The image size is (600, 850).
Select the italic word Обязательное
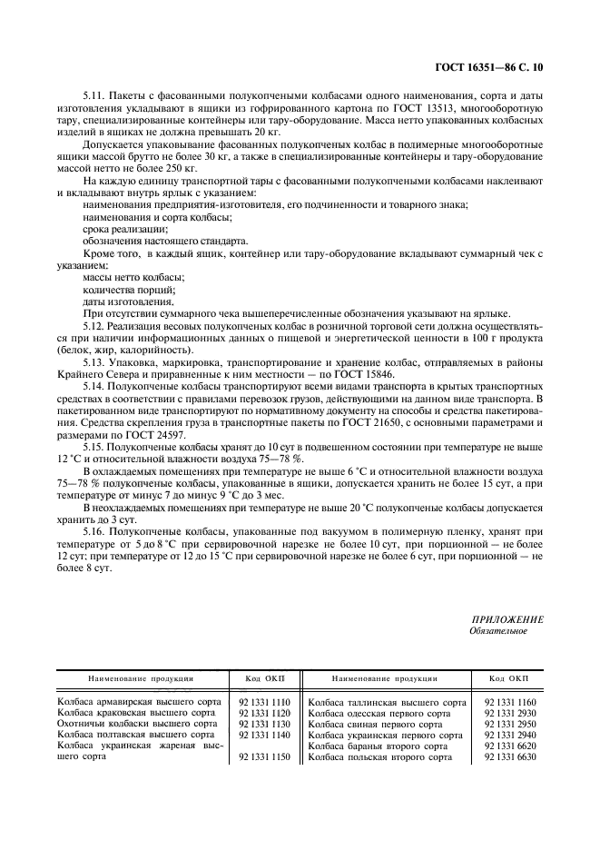497,631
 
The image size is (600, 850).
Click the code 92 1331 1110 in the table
264,703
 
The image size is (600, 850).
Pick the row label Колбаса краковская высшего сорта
137,714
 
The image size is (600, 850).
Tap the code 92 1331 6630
511,756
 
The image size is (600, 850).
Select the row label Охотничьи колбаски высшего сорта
137,725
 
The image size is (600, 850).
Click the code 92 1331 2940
511,736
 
